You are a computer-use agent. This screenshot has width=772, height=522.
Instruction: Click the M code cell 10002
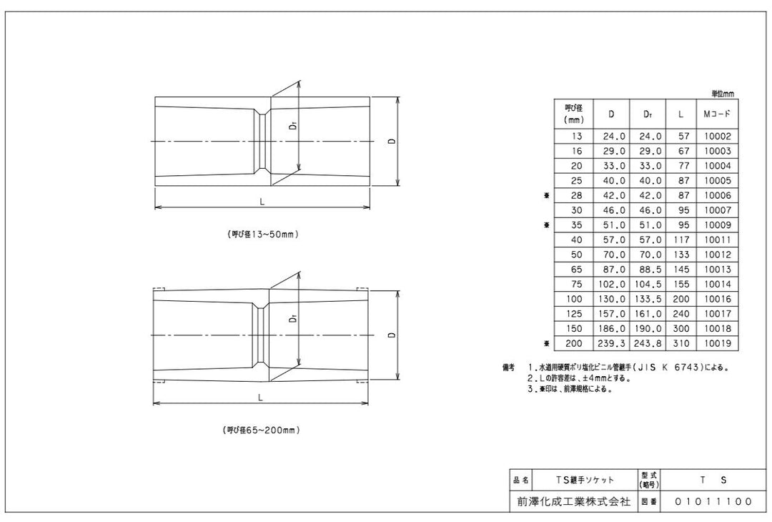point(717,136)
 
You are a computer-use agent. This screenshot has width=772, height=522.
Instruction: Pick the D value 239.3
point(610,345)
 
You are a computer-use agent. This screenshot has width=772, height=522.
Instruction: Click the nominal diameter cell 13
point(577,136)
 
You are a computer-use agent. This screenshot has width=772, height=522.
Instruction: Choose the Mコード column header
point(717,114)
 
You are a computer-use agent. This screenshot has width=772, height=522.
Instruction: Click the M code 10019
point(717,345)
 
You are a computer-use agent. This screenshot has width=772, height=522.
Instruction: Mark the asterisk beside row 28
point(546,196)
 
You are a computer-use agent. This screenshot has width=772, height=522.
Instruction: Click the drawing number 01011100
point(713,502)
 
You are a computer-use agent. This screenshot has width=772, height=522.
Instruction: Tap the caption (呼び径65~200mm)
point(261,430)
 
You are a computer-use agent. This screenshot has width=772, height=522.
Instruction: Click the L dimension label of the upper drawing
point(262,202)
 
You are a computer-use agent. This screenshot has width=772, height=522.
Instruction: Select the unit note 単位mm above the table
point(722,94)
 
